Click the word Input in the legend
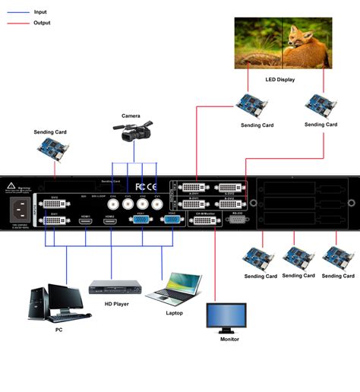click(41, 12)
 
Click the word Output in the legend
click(43, 23)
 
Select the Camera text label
click(131, 116)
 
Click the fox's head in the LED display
click(304, 39)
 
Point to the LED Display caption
click(281, 79)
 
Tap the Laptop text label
click(174, 311)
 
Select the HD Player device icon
click(116, 287)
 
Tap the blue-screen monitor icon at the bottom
click(227, 318)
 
